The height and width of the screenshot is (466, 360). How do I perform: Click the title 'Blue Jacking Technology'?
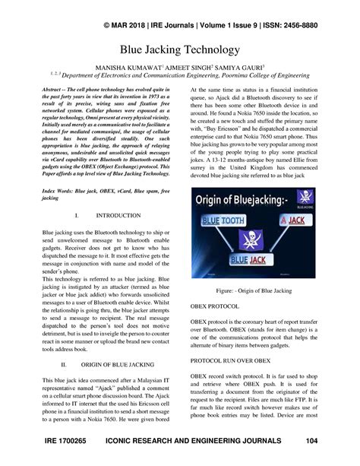coord(179,50)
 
